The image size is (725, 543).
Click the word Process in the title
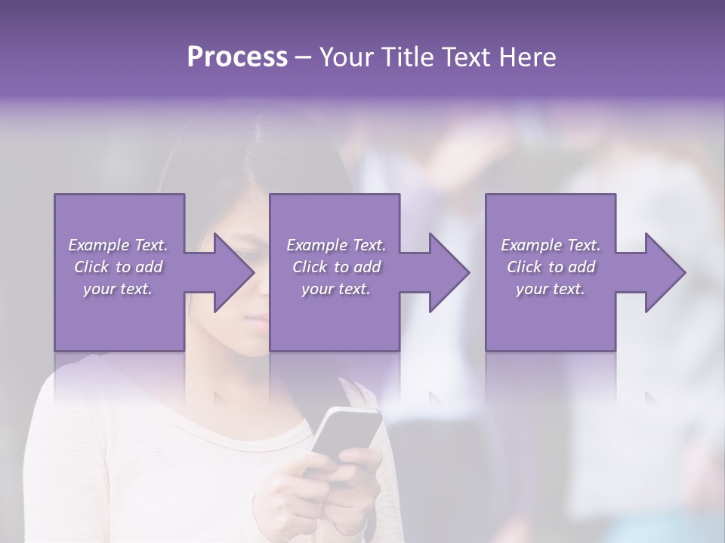click(237, 57)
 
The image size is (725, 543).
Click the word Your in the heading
click(347, 57)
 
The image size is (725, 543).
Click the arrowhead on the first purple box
click(230, 272)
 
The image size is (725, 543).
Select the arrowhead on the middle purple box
click(446, 272)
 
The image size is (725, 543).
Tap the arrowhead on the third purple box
click(662, 272)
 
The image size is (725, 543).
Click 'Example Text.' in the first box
click(118, 245)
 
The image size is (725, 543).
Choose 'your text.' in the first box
click(118, 289)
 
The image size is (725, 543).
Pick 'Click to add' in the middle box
click(336, 267)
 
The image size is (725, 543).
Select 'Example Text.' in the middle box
click(336, 245)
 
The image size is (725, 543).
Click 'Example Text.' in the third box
click(551, 245)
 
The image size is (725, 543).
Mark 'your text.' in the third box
click(551, 289)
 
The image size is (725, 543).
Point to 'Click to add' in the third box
click(551, 267)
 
